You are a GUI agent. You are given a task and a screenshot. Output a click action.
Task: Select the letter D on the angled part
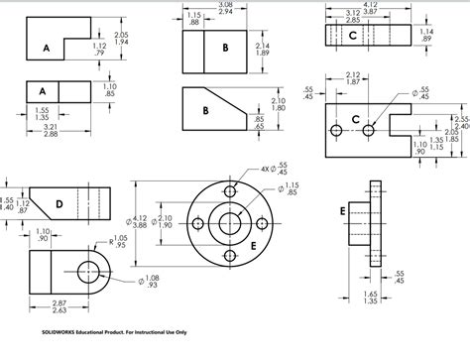59,203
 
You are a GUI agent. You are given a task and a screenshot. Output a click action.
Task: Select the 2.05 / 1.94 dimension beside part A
121,38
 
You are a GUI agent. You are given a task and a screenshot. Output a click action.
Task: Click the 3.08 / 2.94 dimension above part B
224,8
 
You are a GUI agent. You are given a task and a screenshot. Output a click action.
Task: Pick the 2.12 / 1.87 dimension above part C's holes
353,79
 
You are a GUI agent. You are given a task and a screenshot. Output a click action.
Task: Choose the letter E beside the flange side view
342,211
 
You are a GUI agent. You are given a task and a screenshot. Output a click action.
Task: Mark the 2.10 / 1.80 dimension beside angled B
279,104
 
